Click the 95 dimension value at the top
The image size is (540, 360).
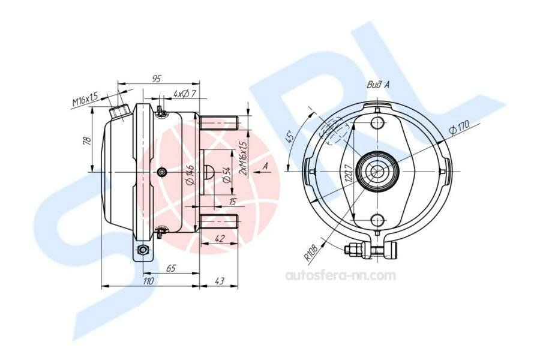click(x=157, y=79)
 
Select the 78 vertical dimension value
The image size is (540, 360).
click(x=88, y=140)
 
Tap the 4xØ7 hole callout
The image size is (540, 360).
click(x=185, y=94)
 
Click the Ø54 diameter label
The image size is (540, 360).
click(x=226, y=175)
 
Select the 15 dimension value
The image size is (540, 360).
click(x=233, y=202)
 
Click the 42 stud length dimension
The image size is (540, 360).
click(x=220, y=238)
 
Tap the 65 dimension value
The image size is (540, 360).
click(x=171, y=268)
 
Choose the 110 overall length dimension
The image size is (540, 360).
click(x=148, y=281)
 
